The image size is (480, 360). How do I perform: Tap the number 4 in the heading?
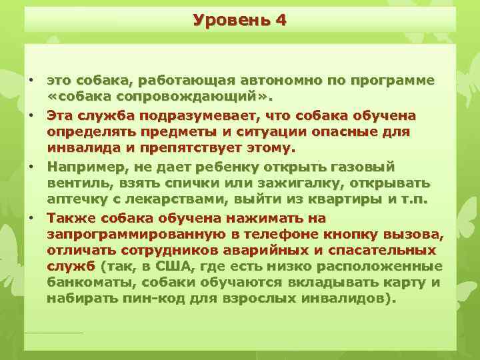point(280,20)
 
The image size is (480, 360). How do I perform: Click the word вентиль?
point(76,183)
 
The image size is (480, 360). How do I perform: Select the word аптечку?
point(77,201)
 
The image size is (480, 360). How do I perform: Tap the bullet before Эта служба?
point(31,116)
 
